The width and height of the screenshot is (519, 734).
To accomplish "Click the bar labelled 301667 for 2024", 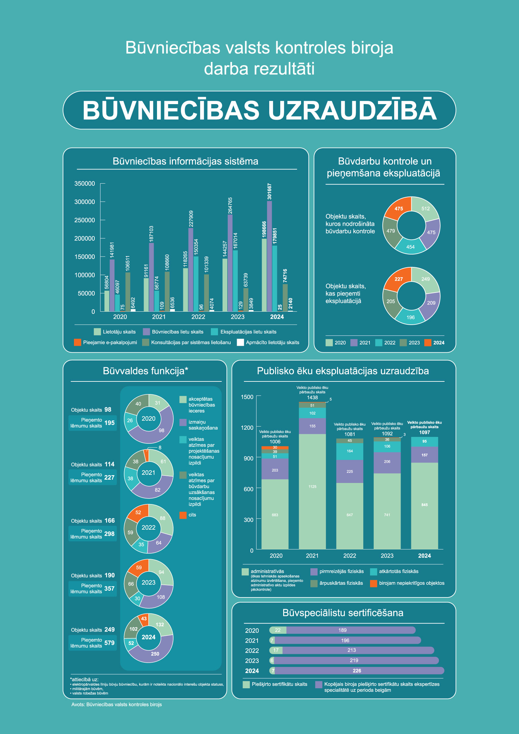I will (x=269, y=256).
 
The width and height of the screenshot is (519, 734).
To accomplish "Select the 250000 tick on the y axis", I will (x=85, y=220).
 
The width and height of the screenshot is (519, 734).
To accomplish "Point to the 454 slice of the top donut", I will (x=411, y=247).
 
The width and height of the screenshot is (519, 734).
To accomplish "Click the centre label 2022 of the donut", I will (x=149, y=528).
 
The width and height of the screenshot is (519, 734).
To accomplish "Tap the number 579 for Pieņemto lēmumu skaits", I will (x=109, y=643).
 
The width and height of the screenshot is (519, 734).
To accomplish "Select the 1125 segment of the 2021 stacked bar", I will (x=312, y=487).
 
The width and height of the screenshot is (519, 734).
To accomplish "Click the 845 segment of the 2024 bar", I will (x=424, y=505).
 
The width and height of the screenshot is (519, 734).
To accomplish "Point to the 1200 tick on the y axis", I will (x=247, y=428).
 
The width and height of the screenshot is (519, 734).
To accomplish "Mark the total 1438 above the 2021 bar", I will (x=312, y=398).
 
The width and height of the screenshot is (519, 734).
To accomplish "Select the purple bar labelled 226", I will (x=357, y=671).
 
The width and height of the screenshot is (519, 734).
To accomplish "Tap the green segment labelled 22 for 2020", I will (x=278, y=630).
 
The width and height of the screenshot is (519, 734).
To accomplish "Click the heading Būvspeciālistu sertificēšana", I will (x=343, y=613).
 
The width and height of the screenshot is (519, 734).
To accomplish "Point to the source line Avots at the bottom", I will (x=116, y=704).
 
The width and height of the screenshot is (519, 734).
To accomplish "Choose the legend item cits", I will (x=192, y=515).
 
